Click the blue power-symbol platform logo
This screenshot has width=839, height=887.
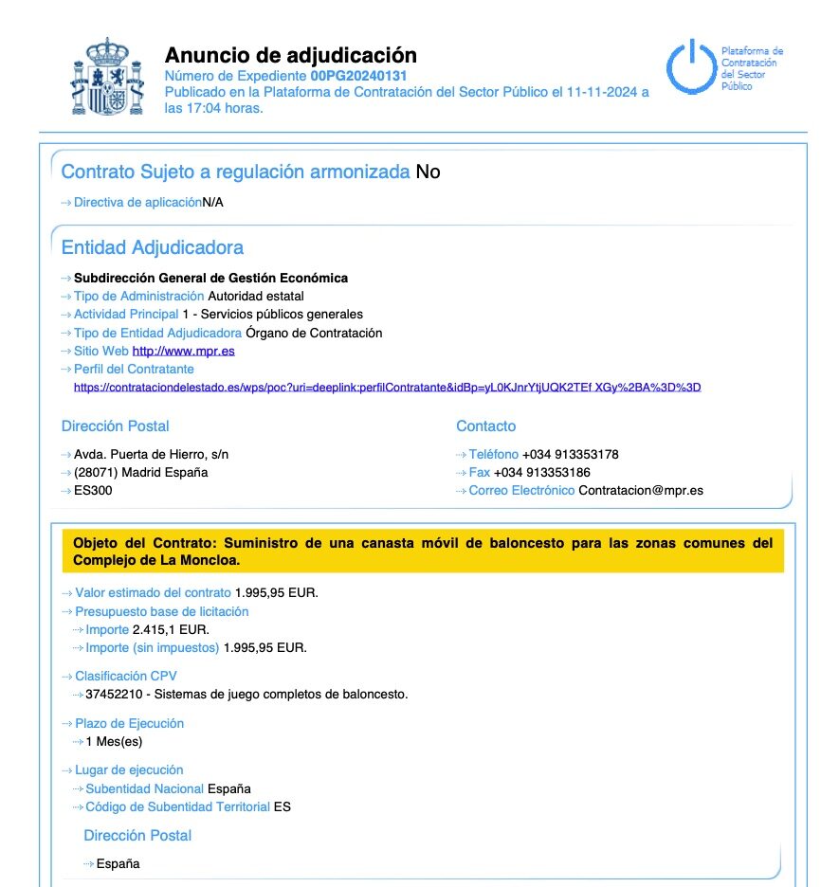(689, 67)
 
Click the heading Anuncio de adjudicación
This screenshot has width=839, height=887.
(290, 55)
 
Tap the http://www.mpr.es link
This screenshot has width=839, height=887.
(183, 351)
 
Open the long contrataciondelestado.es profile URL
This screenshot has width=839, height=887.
(387, 388)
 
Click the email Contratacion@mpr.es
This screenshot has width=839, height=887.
(640, 490)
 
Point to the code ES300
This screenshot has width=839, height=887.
(94, 490)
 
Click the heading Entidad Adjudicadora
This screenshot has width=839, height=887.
(152, 247)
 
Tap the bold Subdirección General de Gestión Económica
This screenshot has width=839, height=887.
(210, 278)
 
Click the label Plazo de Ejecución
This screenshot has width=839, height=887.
(129, 723)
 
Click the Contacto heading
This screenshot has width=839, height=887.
(485, 426)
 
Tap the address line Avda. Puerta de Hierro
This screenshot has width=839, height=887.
(151, 454)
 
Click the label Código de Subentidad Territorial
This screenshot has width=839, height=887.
(177, 806)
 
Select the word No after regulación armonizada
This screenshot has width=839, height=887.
(428, 172)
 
